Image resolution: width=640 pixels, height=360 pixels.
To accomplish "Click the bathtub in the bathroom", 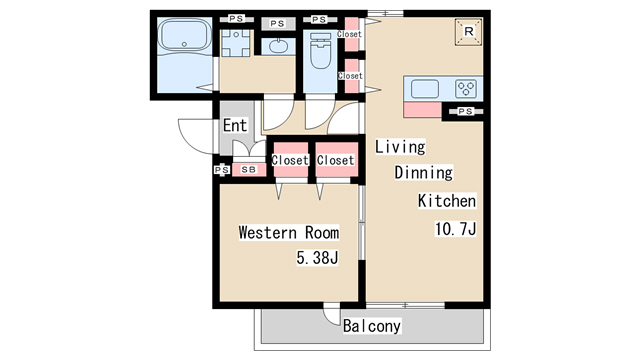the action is pyautogui.click(x=184, y=35).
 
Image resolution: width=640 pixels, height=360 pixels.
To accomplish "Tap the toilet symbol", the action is pyautogui.click(x=320, y=51).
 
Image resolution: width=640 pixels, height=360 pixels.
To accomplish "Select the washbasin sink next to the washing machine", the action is pyautogui.click(x=278, y=46).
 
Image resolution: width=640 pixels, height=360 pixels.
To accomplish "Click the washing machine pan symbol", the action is pyautogui.click(x=236, y=42).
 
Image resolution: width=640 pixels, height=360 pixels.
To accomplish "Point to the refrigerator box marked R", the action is pyautogui.click(x=469, y=31).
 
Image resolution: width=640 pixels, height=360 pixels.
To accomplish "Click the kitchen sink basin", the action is pyautogui.click(x=425, y=89).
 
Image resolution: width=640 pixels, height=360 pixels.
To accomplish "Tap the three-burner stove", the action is pyautogui.click(x=466, y=89).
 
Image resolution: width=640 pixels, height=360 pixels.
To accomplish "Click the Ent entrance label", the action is pyautogui.click(x=235, y=125).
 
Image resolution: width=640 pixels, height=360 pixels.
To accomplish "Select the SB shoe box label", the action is pyautogui.click(x=249, y=169).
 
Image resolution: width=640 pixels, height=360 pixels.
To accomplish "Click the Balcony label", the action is pyautogui.click(x=371, y=326).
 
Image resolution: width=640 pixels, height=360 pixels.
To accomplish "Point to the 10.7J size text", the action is pyautogui.click(x=455, y=229).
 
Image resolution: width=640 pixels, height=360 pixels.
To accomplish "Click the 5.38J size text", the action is pyautogui.click(x=317, y=258).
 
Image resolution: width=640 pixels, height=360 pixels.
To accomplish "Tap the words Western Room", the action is pyautogui.click(x=289, y=233).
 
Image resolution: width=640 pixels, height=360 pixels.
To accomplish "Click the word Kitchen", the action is pyautogui.click(x=447, y=201).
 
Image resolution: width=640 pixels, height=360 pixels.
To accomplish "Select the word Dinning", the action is pyautogui.click(x=424, y=172).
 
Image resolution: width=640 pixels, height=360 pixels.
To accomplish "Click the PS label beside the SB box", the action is pyautogui.click(x=222, y=169).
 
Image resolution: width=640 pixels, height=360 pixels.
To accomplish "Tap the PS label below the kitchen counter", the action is pyautogui.click(x=465, y=111).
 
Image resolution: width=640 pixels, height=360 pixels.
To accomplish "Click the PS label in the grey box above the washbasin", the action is pyautogui.click(x=278, y=24).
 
